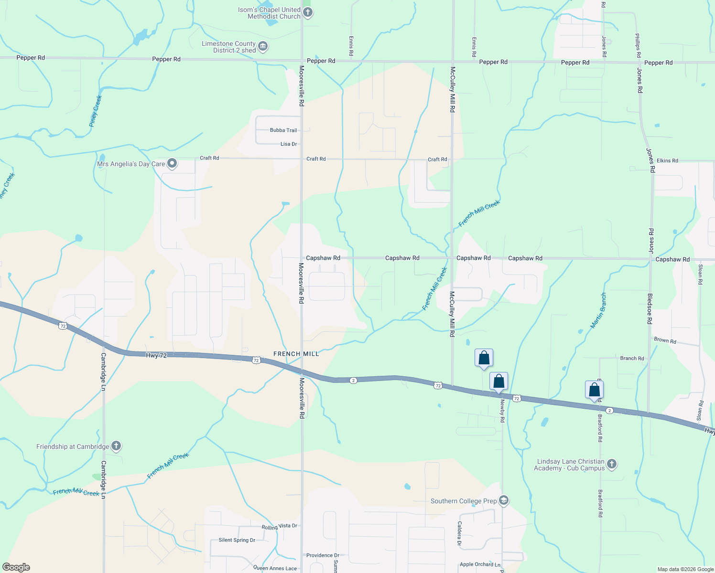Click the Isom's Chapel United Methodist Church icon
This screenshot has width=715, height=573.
(308, 12)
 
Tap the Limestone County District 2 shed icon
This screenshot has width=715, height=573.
(262, 46)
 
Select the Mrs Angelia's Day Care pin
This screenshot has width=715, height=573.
(172, 164)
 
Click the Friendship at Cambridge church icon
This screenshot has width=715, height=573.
(116, 446)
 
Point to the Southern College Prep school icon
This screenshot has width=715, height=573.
(503, 500)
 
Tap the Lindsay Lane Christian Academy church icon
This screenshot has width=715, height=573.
(612, 464)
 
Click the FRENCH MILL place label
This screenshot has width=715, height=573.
(296, 354)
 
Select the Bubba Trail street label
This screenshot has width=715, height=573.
(283, 130)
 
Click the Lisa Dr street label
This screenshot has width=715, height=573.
(289, 144)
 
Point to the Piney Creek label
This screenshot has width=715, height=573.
(96, 111)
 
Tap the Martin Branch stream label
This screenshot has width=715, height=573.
(598, 310)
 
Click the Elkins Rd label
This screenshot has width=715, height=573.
(667, 160)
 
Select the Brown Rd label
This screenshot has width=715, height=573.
(665, 340)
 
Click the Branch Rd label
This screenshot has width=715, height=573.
(632, 358)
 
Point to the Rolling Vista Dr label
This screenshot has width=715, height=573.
(279, 526)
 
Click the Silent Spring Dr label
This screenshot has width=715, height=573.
(237, 540)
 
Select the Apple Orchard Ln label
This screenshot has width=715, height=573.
(480, 564)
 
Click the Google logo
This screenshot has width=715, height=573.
(16, 567)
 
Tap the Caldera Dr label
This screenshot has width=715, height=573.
(459, 533)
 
